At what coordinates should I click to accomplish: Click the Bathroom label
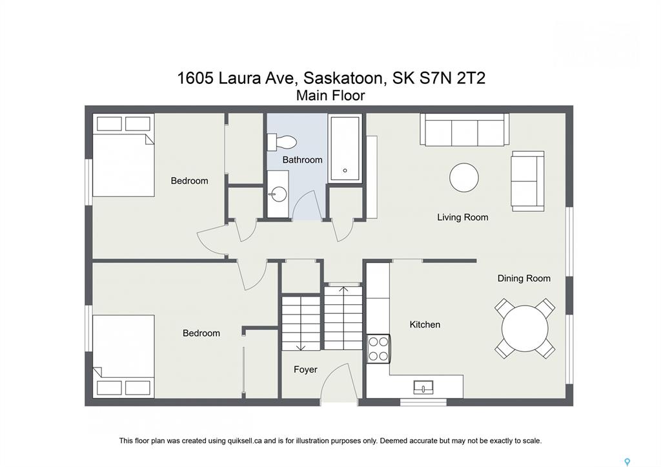[302, 160]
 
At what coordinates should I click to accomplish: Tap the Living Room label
[462, 217]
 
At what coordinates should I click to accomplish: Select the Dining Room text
[524, 278]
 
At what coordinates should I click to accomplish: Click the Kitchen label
[425, 324]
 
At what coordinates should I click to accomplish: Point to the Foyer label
[305, 369]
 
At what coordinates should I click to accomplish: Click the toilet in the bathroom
[282, 141]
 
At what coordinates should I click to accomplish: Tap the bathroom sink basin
[278, 194]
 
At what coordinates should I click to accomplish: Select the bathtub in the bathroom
[345, 148]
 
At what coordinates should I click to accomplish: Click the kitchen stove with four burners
[378, 348]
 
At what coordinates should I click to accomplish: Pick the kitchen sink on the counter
[423, 387]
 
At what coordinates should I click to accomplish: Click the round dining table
[525, 329]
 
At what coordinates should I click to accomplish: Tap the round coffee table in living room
[464, 178]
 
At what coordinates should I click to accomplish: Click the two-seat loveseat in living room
[527, 181]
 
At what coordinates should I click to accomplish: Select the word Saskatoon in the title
[343, 78]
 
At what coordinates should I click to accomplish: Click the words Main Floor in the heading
[330, 96]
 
